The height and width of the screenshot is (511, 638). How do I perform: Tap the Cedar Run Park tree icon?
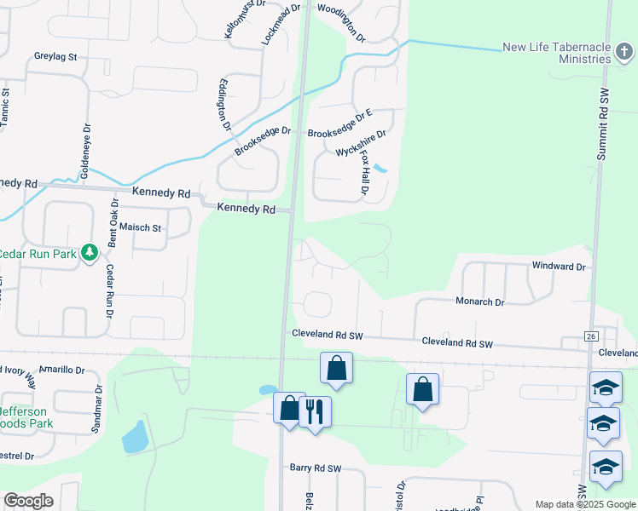(90, 253)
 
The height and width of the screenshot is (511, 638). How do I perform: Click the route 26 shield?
(591, 336)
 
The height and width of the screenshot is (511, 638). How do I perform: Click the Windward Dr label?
(560, 267)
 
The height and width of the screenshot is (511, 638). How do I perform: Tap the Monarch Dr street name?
(479, 301)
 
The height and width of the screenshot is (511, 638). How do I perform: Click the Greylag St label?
(55, 57)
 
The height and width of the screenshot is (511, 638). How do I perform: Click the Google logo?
(28, 501)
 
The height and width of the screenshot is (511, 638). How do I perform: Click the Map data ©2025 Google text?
(584, 504)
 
